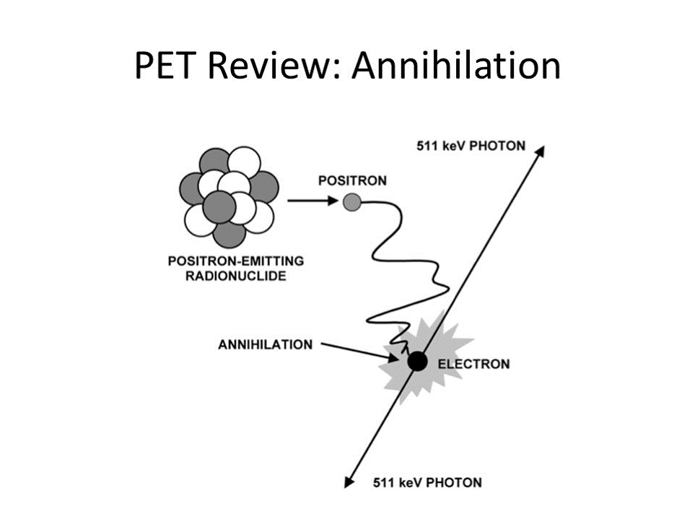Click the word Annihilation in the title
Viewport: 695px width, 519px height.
(x=456, y=66)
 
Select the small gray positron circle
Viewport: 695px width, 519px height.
(x=351, y=203)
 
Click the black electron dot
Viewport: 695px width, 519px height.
(x=416, y=362)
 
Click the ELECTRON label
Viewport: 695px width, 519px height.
(x=473, y=364)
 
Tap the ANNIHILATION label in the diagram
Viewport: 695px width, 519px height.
(x=266, y=344)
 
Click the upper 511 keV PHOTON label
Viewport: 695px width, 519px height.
(x=471, y=147)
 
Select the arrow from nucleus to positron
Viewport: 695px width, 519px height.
(x=310, y=202)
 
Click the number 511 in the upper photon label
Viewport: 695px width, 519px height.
(x=429, y=147)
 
